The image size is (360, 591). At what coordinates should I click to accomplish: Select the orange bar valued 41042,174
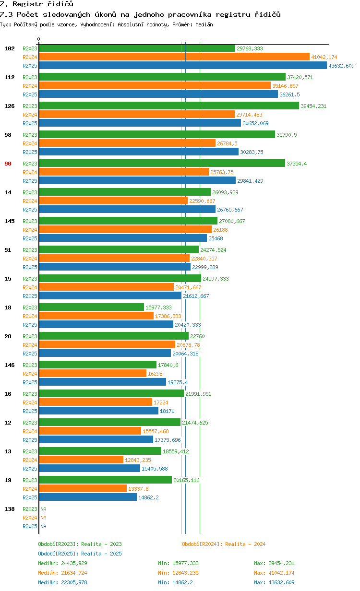click(174, 57)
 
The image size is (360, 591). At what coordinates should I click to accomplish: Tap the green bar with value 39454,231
click(169, 106)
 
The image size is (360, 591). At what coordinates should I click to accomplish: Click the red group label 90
click(8, 164)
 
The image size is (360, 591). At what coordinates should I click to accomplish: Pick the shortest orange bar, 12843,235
click(81, 460)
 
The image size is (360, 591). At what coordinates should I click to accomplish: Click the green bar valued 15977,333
click(91, 307)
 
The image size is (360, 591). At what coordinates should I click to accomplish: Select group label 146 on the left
click(10, 365)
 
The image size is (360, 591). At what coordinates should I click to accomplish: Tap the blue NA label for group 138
click(43, 526)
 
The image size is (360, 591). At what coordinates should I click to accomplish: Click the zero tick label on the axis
click(39, 39)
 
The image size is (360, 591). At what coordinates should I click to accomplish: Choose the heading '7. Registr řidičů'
click(36, 4)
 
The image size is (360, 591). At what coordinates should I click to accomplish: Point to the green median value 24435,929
click(72, 563)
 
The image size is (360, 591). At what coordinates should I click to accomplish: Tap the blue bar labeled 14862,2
click(88, 497)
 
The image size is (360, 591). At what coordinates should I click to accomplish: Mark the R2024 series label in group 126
click(30, 115)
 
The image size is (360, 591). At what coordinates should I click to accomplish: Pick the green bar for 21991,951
click(111, 394)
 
